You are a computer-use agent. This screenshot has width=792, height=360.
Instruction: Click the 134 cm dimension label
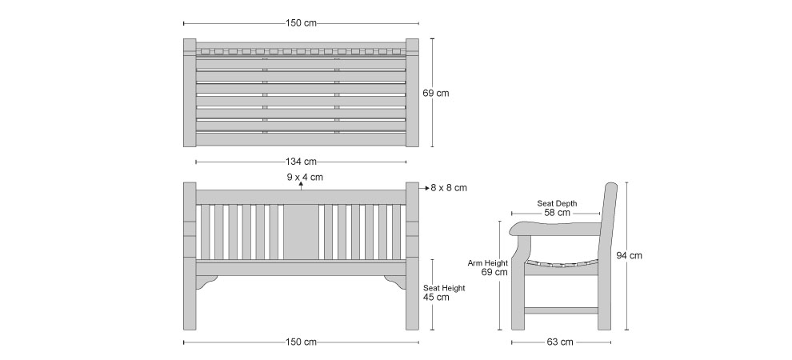click(x=301, y=162)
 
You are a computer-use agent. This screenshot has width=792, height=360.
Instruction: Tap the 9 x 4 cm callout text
click(x=305, y=178)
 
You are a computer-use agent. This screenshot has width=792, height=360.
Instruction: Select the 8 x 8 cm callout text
click(x=449, y=188)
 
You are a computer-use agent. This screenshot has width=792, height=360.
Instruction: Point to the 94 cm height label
click(x=630, y=255)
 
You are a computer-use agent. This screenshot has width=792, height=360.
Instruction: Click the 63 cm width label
click(x=560, y=342)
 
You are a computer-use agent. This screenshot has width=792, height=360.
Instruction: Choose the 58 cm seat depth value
click(x=557, y=213)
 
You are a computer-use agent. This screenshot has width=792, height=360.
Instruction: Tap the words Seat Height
click(x=444, y=288)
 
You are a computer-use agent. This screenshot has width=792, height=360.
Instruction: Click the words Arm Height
click(x=488, y=263)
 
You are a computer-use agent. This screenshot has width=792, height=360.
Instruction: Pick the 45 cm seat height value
click(x=436, y=298)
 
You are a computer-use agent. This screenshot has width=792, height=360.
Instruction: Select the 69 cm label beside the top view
click(x=435, y=94)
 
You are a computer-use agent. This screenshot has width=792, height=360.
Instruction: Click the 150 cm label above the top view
click(x=301, y=23)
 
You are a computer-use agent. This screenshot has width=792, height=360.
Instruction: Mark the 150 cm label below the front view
click(x=301, y=342)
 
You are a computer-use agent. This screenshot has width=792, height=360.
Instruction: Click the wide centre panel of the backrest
click(x=301, y=232)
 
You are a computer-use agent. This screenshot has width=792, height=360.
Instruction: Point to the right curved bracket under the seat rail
click(x=396, y=282)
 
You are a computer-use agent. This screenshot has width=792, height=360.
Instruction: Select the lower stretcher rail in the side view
click(x=561, y=310)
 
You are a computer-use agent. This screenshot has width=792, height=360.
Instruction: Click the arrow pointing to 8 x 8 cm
click(x=424, y=188)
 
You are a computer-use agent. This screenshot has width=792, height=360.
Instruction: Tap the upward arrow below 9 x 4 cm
click(x=301, y=186)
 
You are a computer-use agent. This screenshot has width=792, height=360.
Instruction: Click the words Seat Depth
click(x=557, y=203)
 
